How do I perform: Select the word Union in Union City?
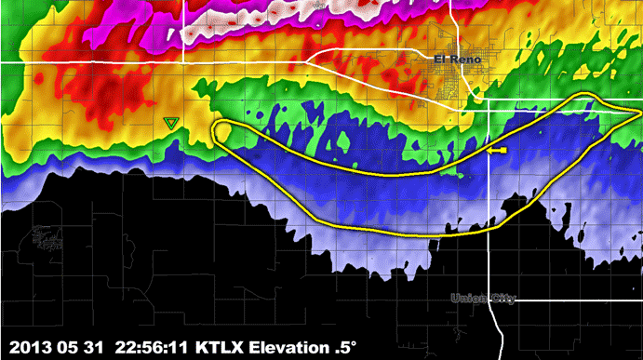coord(468,299)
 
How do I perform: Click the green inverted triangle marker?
coord(169,122)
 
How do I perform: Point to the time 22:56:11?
coord(150,345)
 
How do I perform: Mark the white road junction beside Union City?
coord(489,300)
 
